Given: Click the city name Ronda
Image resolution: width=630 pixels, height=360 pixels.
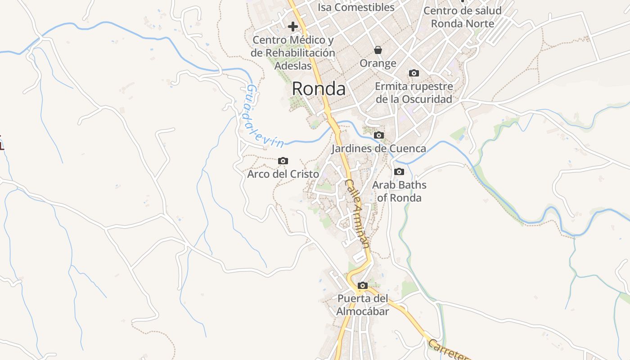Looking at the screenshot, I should pos(319,89).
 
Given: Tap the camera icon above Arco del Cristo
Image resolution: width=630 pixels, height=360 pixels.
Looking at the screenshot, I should pos(283,161).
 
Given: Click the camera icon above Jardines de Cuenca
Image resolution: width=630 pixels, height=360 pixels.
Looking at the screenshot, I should pos(379,135).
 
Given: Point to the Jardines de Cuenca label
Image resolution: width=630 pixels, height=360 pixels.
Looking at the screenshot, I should pos(378,148).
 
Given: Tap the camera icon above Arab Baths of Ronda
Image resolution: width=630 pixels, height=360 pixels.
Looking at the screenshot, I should pos(399,171).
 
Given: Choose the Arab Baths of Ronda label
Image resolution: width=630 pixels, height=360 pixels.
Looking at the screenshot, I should pos(399,191).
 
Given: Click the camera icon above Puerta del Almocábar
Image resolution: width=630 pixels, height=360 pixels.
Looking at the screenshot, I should pos(362,285).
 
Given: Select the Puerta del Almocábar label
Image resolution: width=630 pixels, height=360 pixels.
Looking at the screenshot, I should pos(363,305).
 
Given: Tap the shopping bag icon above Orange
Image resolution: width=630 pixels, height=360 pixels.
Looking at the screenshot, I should pos(378,49).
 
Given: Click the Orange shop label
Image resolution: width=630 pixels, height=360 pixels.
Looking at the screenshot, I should pos(378,63).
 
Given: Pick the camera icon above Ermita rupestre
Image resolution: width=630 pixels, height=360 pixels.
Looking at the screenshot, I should pos(414,73).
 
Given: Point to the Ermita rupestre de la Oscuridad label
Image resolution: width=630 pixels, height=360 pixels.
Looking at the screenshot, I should pos(414,93).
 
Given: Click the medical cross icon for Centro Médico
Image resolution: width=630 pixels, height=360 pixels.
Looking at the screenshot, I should pos(293,27).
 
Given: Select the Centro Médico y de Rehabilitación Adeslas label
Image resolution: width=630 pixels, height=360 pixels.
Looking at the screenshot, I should pos(293,53).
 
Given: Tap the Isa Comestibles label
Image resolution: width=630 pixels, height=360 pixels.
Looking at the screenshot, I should pos(356,7).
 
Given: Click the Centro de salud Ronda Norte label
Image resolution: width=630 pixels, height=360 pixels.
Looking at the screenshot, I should pos(463,17).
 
